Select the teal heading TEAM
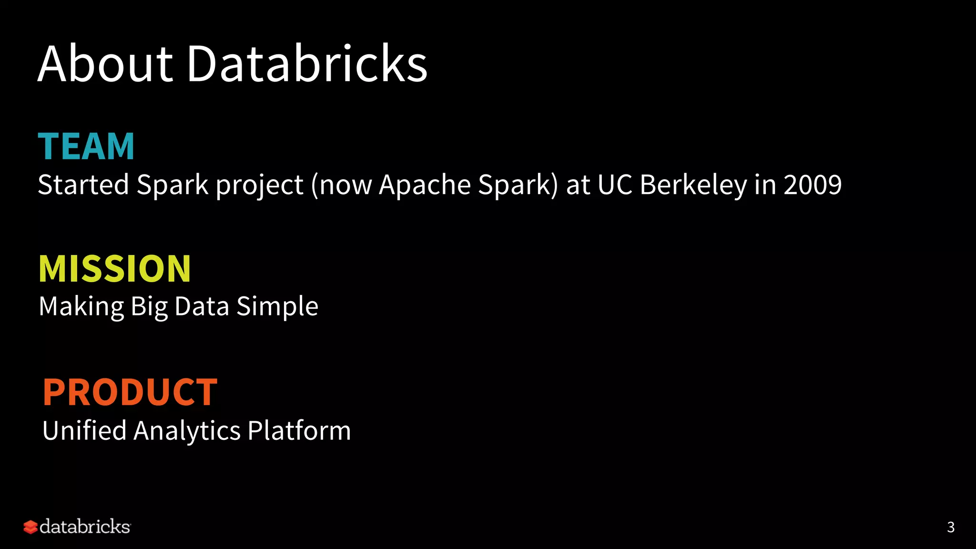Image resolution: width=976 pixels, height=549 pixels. pos(86,146)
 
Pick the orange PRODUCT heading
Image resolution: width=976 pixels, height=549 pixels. pos(130,392)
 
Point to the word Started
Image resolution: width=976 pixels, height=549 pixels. pos(83,184)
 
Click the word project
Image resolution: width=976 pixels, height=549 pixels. pos(260,185)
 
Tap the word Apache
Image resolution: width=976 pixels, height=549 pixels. pos(425,184)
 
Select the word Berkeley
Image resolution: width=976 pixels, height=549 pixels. pos(693,185)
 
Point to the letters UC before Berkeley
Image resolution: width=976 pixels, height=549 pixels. pos(615,185)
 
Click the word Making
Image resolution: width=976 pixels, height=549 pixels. pos(81,306)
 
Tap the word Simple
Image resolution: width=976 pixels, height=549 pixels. pos(277,306)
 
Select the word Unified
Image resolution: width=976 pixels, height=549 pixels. pos(84,430)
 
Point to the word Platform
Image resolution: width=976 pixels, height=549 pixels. pos(299,430)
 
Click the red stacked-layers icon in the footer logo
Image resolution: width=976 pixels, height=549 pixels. pos(30,527)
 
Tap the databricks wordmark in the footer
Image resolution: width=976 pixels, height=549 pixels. pos(85,527)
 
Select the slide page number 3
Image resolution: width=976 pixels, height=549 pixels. pos(951,527)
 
